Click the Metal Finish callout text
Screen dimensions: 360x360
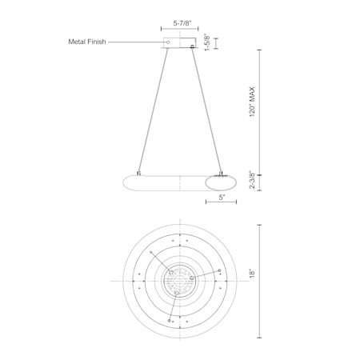[87, 42]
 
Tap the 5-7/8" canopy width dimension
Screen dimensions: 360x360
[182, 23]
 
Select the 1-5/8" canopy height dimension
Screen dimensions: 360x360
[207, 42]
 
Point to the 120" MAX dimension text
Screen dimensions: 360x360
[252, 102]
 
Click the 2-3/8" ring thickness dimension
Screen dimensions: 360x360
[252, 179]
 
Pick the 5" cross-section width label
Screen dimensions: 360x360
[222, 198]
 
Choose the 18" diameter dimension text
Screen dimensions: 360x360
[252, 274]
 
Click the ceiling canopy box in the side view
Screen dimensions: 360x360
[179, 42]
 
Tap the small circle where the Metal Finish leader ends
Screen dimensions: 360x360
[168, 42]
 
